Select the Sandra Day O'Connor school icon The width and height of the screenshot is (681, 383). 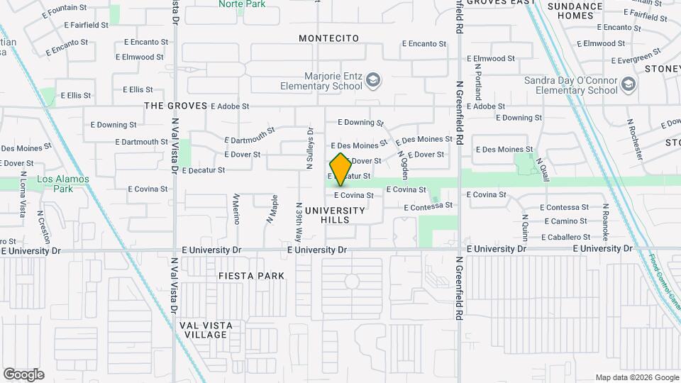628,85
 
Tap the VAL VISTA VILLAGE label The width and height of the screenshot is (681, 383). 206,330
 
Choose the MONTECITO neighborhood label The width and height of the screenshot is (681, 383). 328,38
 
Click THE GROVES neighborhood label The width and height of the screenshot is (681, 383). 176,106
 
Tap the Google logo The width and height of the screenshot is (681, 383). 23,374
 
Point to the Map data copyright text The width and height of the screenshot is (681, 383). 636,377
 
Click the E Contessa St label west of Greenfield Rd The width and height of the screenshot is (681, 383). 428,206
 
